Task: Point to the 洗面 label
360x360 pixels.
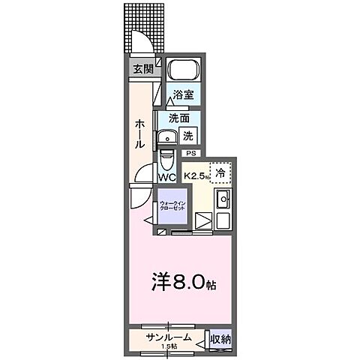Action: click(178, 118)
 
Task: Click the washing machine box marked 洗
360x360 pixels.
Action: click(189, 136)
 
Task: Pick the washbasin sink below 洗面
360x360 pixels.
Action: click(166, 137)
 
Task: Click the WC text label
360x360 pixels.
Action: click(166, 177)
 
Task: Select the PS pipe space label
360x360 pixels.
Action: click(190, 153)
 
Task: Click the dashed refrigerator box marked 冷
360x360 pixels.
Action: click(220, 173)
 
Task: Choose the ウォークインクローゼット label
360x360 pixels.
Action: click(173, 205)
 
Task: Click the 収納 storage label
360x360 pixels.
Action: click(220, 340)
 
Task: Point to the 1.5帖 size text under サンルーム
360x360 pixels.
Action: click(168, 346)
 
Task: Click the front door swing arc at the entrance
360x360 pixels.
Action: click(142, 41)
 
